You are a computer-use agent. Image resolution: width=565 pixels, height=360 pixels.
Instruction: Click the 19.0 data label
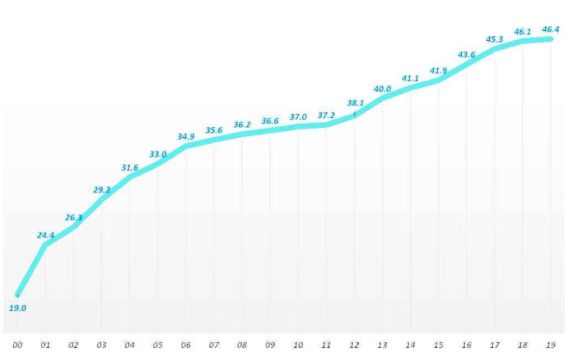[x=18, y=308]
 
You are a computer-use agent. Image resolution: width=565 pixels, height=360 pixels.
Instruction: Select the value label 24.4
[x=46, y=235]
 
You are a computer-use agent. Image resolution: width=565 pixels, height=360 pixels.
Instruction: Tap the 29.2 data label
[x=102, y=190]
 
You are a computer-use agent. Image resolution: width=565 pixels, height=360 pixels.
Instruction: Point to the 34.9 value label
[x=186, y=136]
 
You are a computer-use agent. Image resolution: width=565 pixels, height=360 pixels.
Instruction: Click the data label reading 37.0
[x=298, y=117]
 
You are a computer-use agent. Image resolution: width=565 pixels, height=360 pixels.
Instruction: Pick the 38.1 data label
[x=355, y=103]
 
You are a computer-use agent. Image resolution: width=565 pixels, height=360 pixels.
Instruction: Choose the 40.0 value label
[x=382, y=89]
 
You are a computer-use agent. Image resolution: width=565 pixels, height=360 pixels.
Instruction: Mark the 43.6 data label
[x=466, y=55]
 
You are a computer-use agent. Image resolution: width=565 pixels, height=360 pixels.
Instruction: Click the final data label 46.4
[x=551, y=29]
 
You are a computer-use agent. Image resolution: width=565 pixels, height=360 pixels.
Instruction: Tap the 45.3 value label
[x=494, y=39]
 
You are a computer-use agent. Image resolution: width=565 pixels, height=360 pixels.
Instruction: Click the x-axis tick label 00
[x=18, y=346]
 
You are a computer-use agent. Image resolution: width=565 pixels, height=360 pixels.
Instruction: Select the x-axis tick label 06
[x=186, y=346]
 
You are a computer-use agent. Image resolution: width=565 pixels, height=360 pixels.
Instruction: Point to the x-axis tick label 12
[x=354, y=346]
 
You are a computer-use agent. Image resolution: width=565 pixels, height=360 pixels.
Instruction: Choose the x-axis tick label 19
[x=550, y=346]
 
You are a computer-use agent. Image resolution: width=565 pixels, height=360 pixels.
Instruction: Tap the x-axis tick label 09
[x=270, y=346]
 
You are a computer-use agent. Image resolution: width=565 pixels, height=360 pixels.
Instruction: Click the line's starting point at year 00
[x=18, y=294]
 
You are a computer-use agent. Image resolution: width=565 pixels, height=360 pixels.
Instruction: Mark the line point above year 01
[x=46, y=244]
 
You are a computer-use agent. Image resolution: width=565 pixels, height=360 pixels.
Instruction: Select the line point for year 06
[x=186, y=146]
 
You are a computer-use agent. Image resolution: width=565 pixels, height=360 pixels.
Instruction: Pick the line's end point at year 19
[x=550, y=39]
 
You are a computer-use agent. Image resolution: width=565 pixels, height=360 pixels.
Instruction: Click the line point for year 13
[x=382, y=98]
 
